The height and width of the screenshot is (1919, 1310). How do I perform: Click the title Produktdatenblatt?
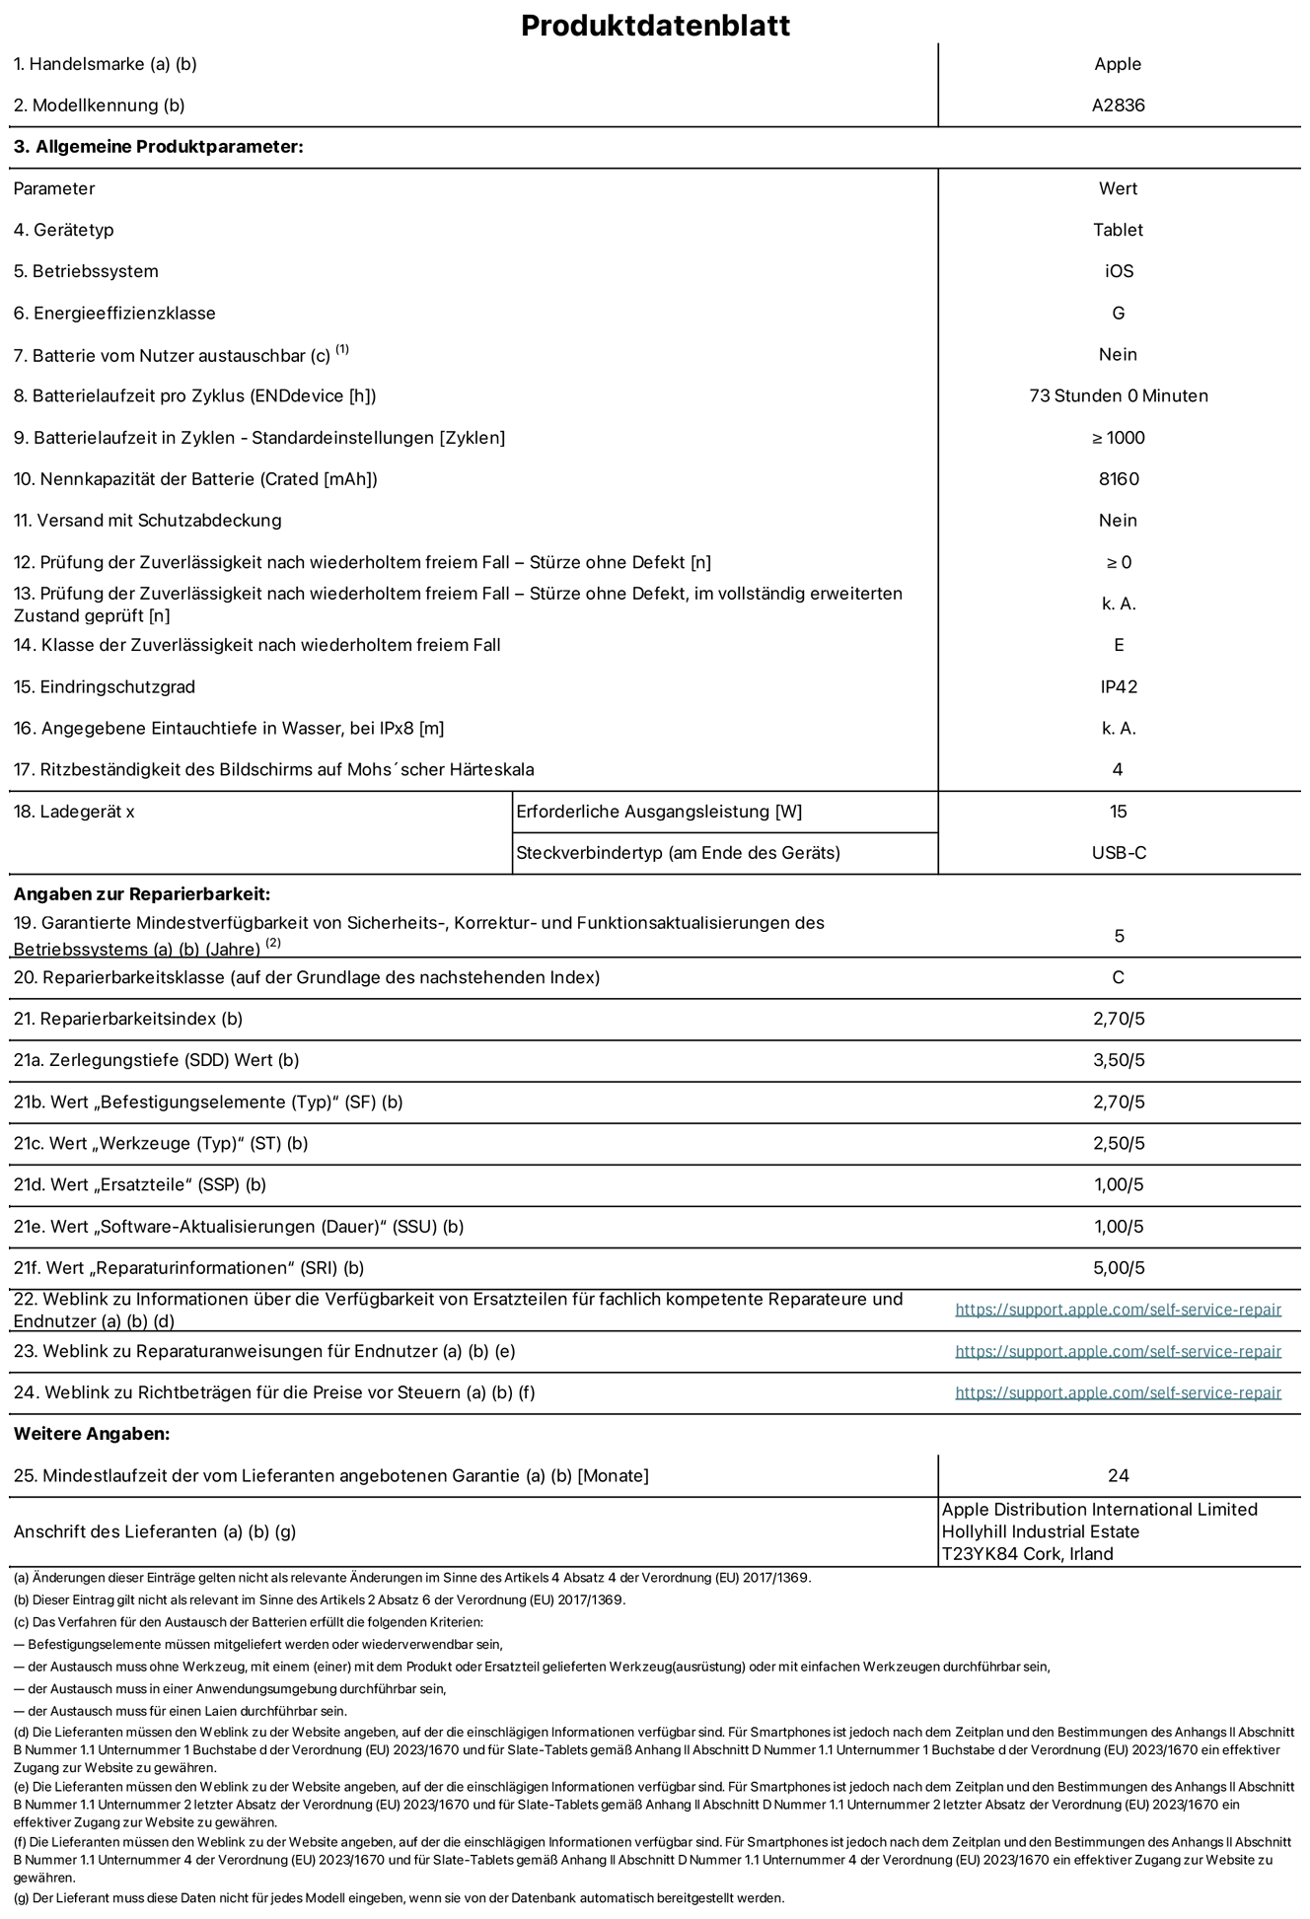[x=655, y=26]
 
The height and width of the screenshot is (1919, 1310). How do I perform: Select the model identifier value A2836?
[x=1118, y=106]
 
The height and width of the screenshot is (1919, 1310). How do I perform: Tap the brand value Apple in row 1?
[x=1118, y=64]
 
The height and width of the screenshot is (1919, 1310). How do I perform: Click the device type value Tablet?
[x=1118, y=230]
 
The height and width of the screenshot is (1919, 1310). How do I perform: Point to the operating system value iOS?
[x=1119, y=271]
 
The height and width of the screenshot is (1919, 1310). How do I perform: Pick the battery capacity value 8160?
[x=1118, y=479]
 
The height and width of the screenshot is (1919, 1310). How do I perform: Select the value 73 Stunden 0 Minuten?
[x=1118, y=396]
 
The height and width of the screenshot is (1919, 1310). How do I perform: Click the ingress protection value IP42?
[x=1119, y=687]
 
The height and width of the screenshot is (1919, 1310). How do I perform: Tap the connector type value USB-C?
[x=1118, y=853]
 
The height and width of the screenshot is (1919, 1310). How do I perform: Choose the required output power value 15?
[x=1118, y=812]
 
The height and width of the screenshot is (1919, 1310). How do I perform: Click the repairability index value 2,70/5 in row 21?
[x=1119, y=1019]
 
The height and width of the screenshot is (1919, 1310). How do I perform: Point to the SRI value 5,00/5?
[x=1119, y=1268]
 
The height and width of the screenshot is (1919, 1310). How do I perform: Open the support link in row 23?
[x=1118, y=1351]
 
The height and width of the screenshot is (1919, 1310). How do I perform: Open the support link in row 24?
[x=1118, y=1392]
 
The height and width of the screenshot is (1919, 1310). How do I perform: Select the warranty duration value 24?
[x=1118, y=1476]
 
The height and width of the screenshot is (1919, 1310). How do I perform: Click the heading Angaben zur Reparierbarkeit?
[x=141, y=894]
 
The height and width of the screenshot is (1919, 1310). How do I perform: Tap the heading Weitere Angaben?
[x=92, y=1434]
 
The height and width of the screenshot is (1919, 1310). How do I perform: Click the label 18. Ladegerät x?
[x=74, y=812]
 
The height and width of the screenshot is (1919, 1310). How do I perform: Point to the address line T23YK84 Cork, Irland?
[x=1027, y=1554]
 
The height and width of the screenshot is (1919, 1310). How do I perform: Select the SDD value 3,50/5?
[x=1119, y=1060]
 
